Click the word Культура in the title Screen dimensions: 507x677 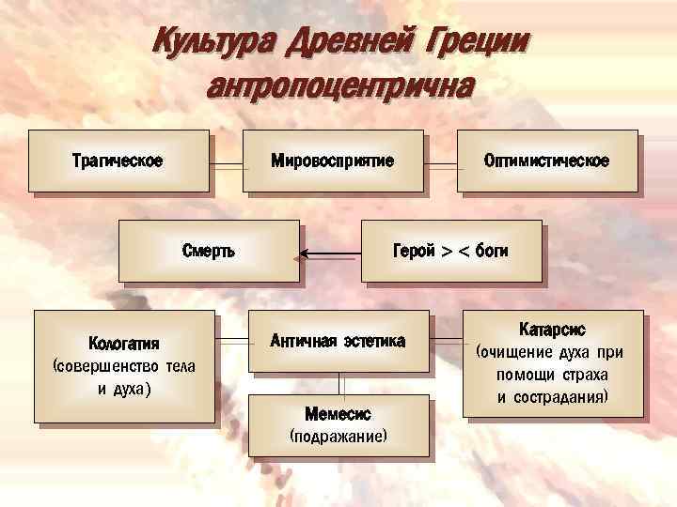tap(213, 42)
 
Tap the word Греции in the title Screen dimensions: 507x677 tap(477, 42)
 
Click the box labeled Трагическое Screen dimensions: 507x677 tap(118, 161)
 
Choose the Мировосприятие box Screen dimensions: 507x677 tap(332, 161)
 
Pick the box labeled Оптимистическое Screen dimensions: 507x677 tap(545, 161)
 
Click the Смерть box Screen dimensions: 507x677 tap(208, 251)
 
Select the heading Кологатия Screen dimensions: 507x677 tap(123, 342)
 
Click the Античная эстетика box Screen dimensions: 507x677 tap(338, 341)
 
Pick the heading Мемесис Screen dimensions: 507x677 tap(338, 414)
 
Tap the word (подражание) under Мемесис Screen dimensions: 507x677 tap(338, 437)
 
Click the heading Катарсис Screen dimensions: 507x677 tap(552, 330)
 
